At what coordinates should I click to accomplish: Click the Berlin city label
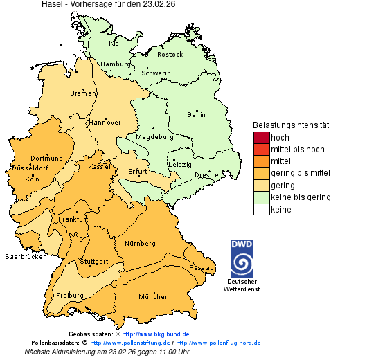tap(196, 114)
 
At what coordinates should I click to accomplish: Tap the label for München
tap(153, 297)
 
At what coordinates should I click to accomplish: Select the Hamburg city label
tap(115, 64)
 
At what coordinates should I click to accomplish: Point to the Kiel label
tap(115, 43)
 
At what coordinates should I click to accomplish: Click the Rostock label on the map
tap(170, 54)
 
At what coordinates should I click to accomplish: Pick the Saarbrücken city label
tap(26, 256)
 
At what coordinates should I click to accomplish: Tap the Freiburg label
tap(70, 296)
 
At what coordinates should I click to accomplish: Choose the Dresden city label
tap(208, 175)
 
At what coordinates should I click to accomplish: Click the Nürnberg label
tap(141, 244)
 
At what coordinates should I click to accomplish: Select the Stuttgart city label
tap(95, 262)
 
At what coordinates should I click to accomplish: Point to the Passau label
tap(202, 267)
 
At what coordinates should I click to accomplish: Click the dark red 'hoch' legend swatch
tap(261, 138)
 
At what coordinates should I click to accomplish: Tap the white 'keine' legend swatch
tap(261, 209)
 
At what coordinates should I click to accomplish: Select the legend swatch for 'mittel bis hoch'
tap(261, 150)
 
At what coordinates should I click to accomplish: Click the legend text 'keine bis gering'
tap(301, 197)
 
